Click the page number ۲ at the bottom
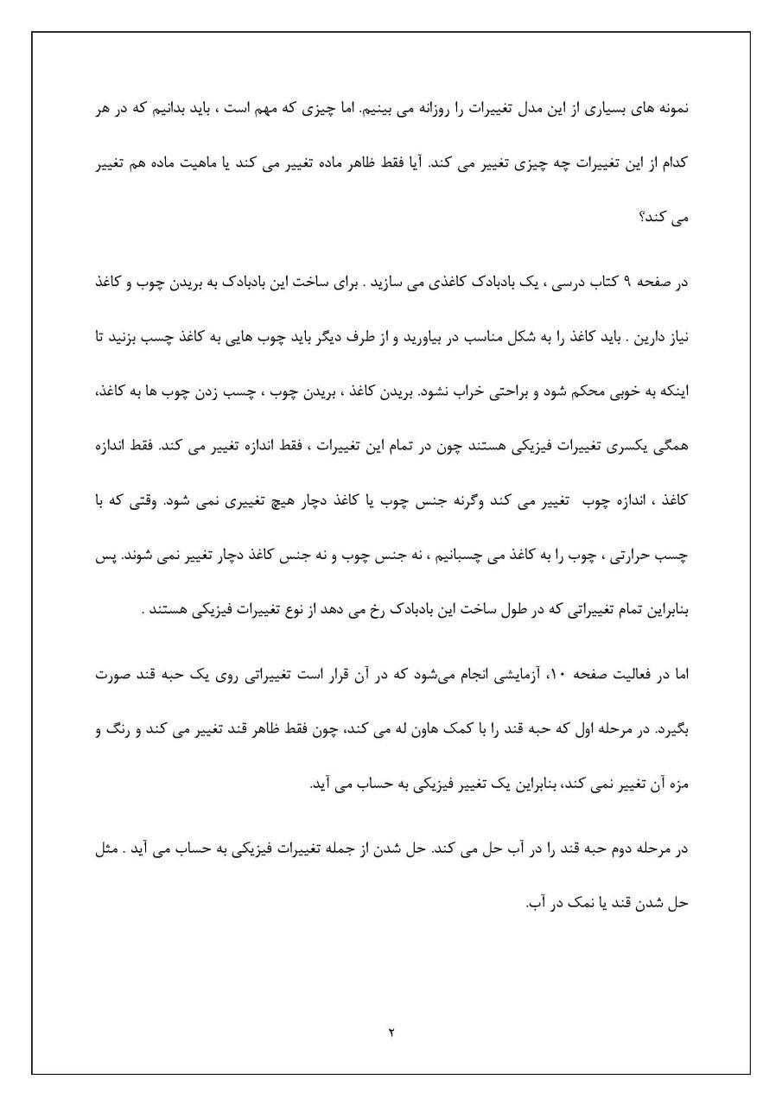coord(391,1032)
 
